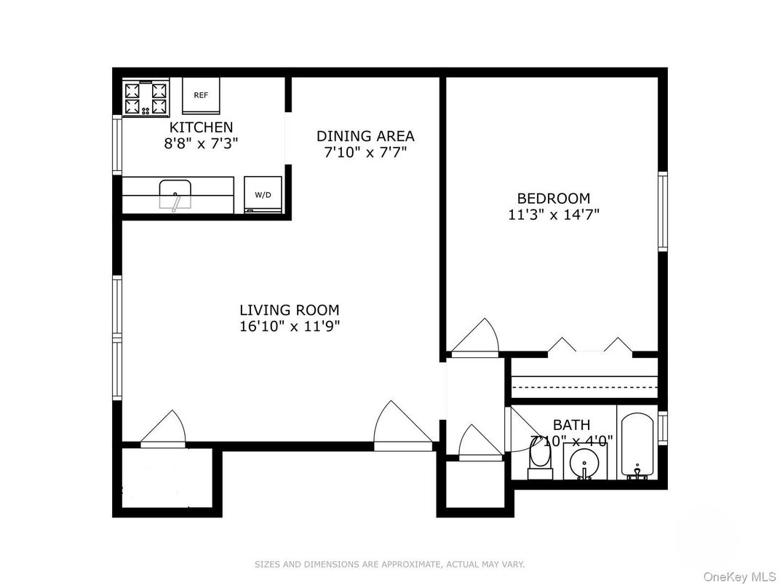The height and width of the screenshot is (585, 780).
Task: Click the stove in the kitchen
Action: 146,98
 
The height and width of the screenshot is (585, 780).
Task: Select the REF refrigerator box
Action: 200,96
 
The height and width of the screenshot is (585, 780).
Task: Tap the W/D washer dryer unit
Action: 262,195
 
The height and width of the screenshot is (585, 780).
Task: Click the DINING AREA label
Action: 365,136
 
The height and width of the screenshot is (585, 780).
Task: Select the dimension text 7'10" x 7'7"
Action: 365,153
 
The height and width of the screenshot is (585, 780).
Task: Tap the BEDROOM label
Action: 553,198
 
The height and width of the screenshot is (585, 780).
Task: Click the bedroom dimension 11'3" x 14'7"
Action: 553,215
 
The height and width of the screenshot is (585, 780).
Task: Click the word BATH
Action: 571,425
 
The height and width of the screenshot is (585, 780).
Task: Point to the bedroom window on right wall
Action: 662,211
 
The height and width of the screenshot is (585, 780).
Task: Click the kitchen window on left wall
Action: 116,145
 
